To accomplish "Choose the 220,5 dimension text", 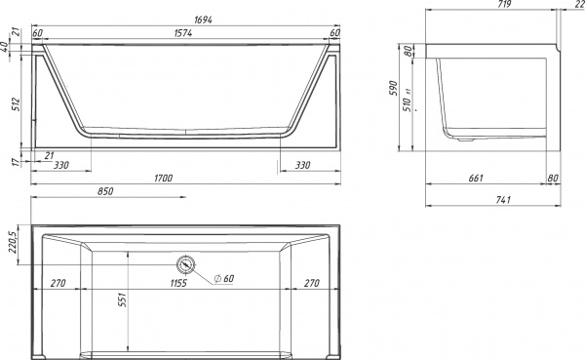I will pyautogui.click(x=11, y=242).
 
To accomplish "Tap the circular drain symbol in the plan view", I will pyautogui.click(x=185, y=264).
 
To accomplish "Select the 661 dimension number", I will pyautogui.click(x=476, y=178).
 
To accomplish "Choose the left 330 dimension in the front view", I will pyautogui.click(x=60, y=165).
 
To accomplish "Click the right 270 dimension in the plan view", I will pyautogui.click(x=312, y=284).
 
